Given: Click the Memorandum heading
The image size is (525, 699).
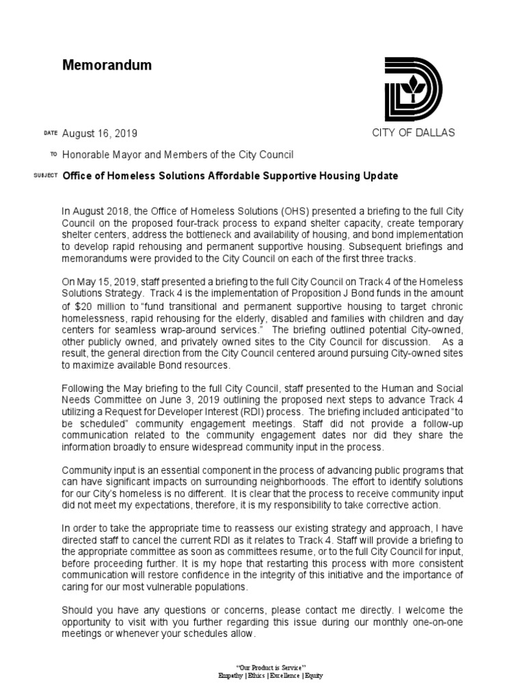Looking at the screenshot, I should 107,66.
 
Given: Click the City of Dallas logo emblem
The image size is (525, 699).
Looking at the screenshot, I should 413,89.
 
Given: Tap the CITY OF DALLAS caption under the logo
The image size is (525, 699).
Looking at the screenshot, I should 413,132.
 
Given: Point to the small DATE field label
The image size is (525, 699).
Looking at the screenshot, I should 51,133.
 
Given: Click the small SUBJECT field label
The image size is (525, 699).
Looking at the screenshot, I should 45,177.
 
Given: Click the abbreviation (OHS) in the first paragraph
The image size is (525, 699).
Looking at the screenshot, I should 277,212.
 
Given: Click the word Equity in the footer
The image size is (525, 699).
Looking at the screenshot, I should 312,675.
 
